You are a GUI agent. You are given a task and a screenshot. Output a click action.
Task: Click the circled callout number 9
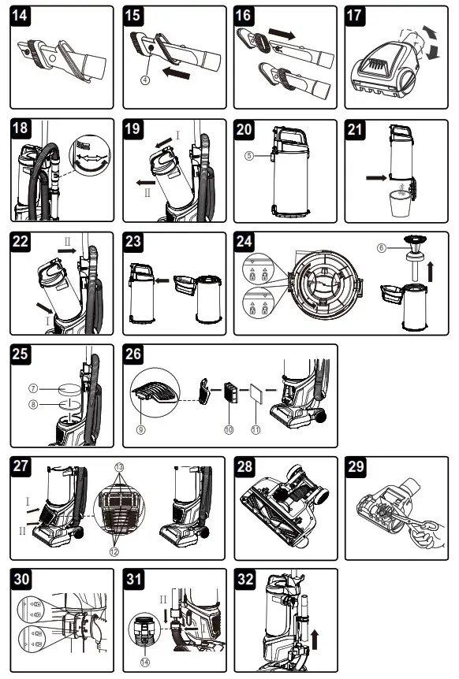pos(141,430)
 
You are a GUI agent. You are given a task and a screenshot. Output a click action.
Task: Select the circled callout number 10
pos(229,430)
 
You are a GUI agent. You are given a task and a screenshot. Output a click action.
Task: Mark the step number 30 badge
pos(24,580)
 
